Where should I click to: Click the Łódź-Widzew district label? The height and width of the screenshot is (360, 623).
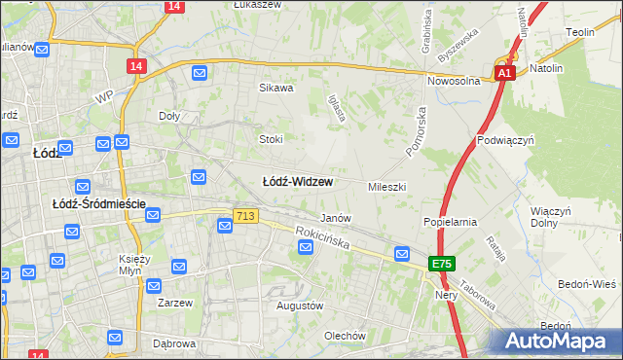pyautogui.click(x=298, y=182)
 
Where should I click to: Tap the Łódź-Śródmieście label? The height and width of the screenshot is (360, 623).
pyautogui.click(x=98, y=203)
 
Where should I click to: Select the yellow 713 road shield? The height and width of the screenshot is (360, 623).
pyautogui.click(x=245, y=215)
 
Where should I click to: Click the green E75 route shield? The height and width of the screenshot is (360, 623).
pyautogui.click(x=443, y=264)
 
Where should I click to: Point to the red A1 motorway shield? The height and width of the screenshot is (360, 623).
pyautogui.click(x=504, y=73)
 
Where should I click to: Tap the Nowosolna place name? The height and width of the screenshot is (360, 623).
pyautogui.click(x=458, y=82)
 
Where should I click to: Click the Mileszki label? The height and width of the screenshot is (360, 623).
pyautogui.click(x=386, y=186)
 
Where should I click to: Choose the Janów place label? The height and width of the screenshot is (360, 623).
pyautogui.click(x=335, y=218)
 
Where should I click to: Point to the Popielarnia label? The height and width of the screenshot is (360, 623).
pyautogui.click(x=450, y=221)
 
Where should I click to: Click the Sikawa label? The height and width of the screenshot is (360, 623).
pyautogui.click(x=275, y=88)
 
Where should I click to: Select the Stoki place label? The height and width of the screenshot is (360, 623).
pyautogui.click(x=270, y=138)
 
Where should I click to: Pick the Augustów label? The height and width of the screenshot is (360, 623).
pyautogui.click(x=299, y=306)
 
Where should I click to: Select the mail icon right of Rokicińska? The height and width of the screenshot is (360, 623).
pyautogui.click(x=402, y=254)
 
